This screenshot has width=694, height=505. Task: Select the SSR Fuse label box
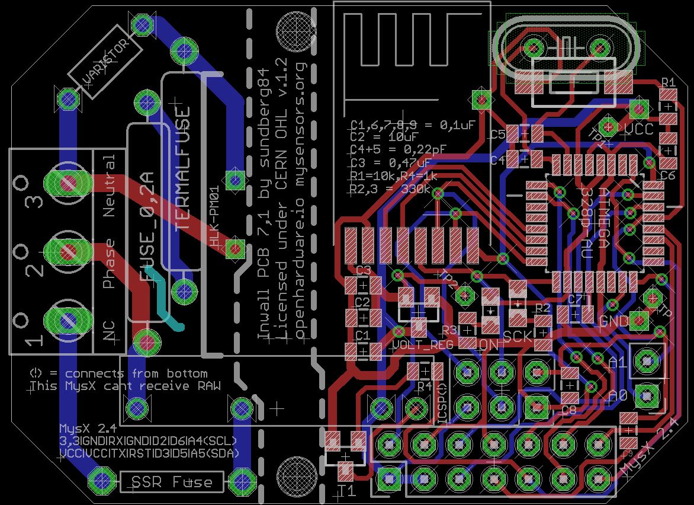(172, 482)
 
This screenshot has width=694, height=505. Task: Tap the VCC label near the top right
(640, 129)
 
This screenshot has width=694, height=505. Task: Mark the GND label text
(614, 321)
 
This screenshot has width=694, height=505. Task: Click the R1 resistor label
(668, 82)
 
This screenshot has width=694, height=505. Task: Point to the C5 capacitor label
(498, 135)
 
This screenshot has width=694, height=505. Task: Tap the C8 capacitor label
(568, 409)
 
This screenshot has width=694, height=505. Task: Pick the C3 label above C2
(362, 270)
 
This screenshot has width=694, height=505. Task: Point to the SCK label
(518, 337)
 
